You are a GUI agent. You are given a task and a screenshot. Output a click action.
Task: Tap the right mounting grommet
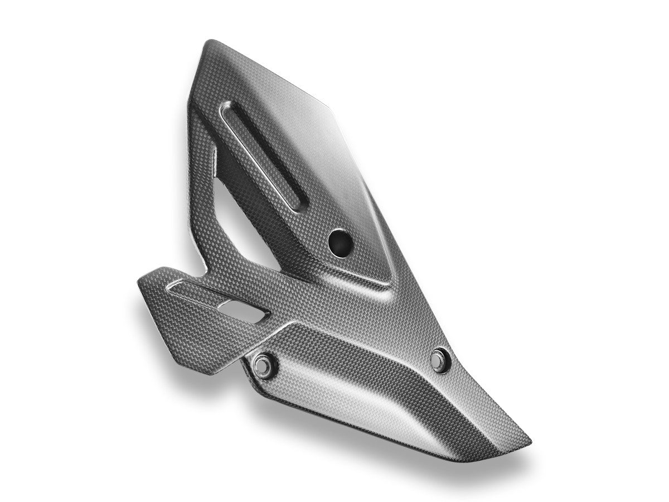pyautogui.click(x=440, y=357)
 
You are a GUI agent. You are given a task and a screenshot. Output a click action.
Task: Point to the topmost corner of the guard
pyautogui.click(x=207, y=41)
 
